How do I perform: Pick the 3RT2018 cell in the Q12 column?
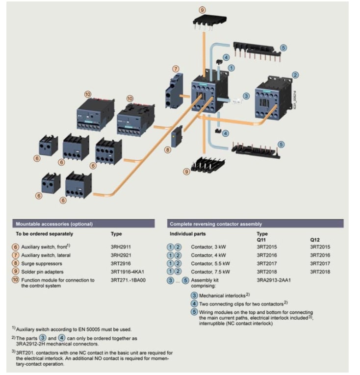(320, 271)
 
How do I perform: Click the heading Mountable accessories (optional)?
(54, 224)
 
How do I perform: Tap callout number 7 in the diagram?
(176, 68)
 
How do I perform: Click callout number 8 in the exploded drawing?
(168, 149)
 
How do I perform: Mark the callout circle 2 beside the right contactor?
(295, 75)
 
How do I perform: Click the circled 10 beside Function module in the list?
(16, 280)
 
